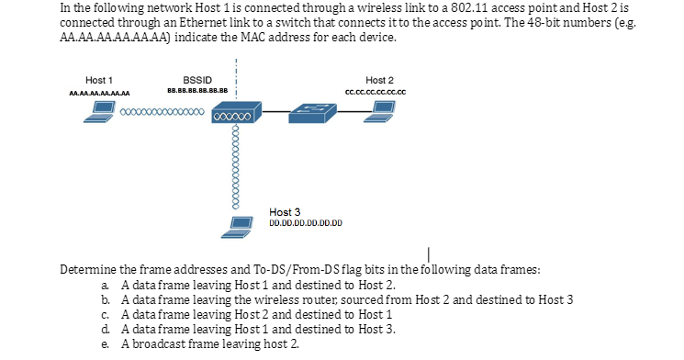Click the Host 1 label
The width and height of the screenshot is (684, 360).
(x=99, y=79)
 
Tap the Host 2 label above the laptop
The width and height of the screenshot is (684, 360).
(x=379, y=79)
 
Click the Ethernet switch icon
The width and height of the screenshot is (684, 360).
(x=314, y=111)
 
